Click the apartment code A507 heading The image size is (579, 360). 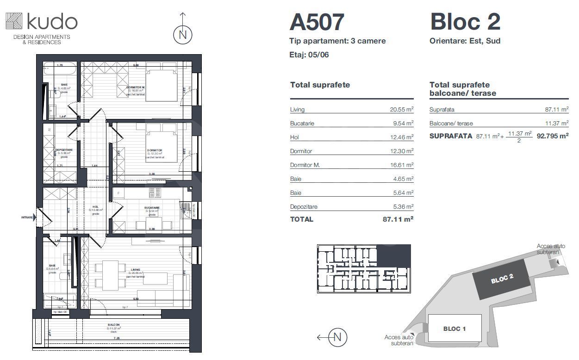coord(317,22)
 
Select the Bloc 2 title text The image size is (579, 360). coord(465,22)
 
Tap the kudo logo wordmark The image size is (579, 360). coord(52,22)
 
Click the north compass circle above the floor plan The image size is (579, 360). coord(183,35)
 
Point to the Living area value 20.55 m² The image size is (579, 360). coord(401,110)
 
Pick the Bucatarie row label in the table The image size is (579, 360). coord(304,124)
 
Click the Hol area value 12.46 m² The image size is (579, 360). coord(401,137)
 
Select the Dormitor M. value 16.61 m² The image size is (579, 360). coord(401,165)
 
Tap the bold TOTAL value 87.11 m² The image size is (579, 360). coord(398,219)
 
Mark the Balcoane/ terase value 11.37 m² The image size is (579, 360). coord(557,124)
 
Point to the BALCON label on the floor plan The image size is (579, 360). coord(114,325)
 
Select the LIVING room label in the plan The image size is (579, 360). coord(136,270)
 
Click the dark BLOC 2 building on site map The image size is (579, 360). coord(502,278)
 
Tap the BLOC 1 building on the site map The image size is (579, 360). coord(454,329)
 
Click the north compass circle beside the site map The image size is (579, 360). coord(337,337)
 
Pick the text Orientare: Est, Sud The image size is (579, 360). coord(465,41)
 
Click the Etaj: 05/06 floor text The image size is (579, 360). coord(309,55)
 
